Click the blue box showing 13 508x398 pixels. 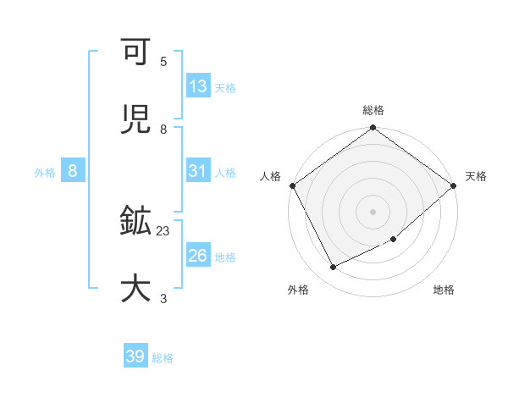pyautogui.click(x=197, y=86)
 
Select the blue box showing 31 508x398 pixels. pyautogui.click(x=197, y=171)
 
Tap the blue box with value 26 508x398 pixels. pyautogui.click(x=197, y=256)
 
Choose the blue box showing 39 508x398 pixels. pyautogui.click(x=135, y=357)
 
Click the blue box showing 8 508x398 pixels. pyautogui.click(x=73, y=171)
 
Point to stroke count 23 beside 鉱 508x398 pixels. pyautogui.click(x=163, y=229)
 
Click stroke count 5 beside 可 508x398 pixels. pyautogui.click(x=163, y=61)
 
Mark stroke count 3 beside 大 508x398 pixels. pyautogui.click(x=163, y=298)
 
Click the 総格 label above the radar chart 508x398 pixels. pyautogui.click(x=373, y=110)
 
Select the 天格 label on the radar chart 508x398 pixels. pyautogui.click(x=476, y=176)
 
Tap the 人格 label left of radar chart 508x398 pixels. pyautogui.click(x=271, y=176)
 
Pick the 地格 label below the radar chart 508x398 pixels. pyautogui.click(x=444, y=290)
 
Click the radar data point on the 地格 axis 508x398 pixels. pyautogui.click(x=394, y=240)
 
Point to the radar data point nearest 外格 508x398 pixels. pyautogui.click(x=334, y=268)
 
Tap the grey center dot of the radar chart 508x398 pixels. pyautogui.click(x=373, y=211)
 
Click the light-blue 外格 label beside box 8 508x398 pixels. pyautogui.click(x=45, y=172)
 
